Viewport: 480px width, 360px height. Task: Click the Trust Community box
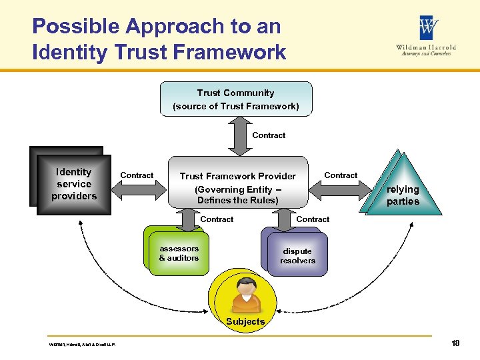[x=236, y=99]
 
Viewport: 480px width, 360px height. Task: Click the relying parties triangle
[x=403, y=190]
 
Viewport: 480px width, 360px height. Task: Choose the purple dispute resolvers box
[x=297, y=255]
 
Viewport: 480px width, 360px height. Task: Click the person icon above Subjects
[x=245, y=296]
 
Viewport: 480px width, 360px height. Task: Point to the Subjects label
[x=245, y=321]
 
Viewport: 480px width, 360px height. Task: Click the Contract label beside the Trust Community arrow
[x=269, y=135]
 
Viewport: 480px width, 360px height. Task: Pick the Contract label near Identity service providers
[x=137, y=175]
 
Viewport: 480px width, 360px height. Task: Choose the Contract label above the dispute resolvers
[x=313, y=219]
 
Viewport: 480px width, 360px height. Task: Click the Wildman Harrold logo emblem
[x=428, y=29]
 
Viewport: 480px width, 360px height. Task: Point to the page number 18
[x=455, y=343]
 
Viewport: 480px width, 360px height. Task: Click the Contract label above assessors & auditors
[x=217, y=219]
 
